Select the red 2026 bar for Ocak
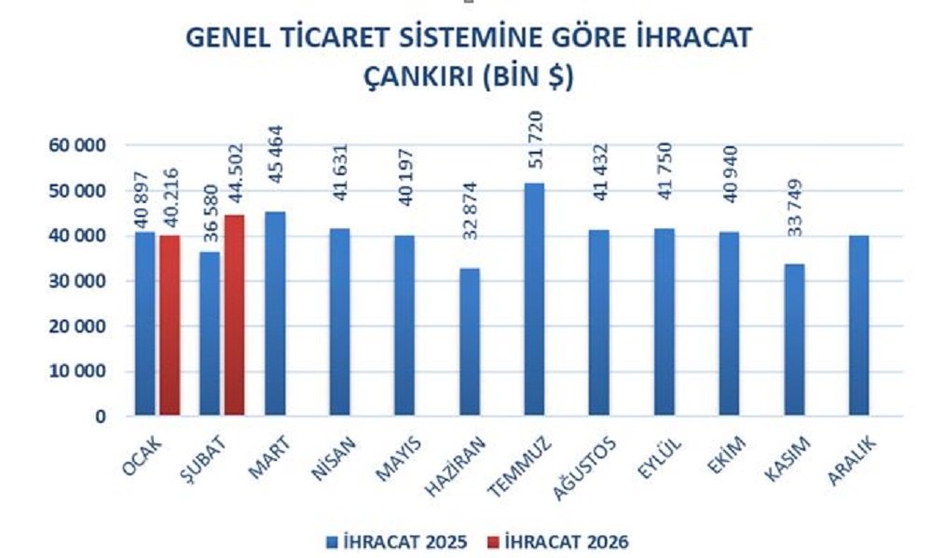[170, 325]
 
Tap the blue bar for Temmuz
[534, 298]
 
